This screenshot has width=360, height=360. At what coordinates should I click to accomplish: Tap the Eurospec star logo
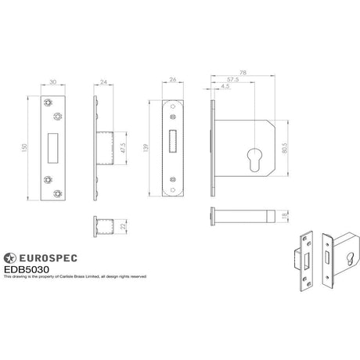(x=9, y=257)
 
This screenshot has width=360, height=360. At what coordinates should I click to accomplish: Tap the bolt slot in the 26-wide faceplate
(x=173, y=142)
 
